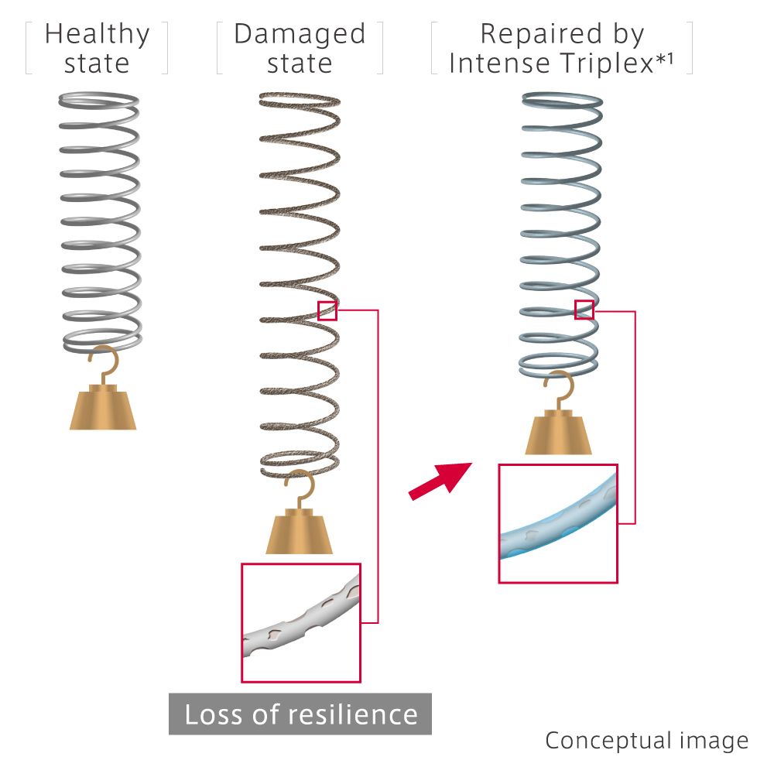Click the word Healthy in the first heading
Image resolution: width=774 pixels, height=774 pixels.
coord(98,35)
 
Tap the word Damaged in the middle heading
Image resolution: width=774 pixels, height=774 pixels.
coord(300,35)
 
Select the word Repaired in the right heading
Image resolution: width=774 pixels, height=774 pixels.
coord(541,34)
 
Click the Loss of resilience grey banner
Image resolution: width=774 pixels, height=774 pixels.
coord(300,714)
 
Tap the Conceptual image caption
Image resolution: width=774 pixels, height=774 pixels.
coord(646,741)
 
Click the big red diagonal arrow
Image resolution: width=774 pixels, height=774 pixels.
coord(440,481)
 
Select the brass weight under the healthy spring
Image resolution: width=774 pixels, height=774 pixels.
coord(103,407)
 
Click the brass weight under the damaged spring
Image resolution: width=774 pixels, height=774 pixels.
coord(299,531)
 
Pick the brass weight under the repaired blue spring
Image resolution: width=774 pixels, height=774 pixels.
coord(558,432)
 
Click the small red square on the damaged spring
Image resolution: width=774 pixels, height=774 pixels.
coord(327,311)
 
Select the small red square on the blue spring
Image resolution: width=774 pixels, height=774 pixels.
coord(584,310)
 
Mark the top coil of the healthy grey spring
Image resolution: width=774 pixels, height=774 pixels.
coord(99,101)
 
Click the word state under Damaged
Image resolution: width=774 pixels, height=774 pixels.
coord(300,64)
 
